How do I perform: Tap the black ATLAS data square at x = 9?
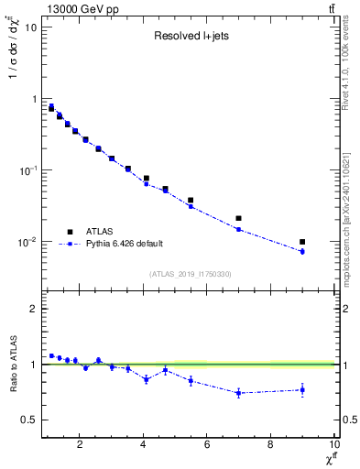point(302,242)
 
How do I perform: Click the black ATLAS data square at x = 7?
point(238,218)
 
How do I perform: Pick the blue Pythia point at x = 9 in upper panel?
point(302,251)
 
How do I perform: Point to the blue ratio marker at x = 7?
point(238,393)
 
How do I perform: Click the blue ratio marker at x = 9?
point(302,390)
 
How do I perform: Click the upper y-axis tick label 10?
point(30,27)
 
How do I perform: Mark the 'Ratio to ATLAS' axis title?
point(12,365)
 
